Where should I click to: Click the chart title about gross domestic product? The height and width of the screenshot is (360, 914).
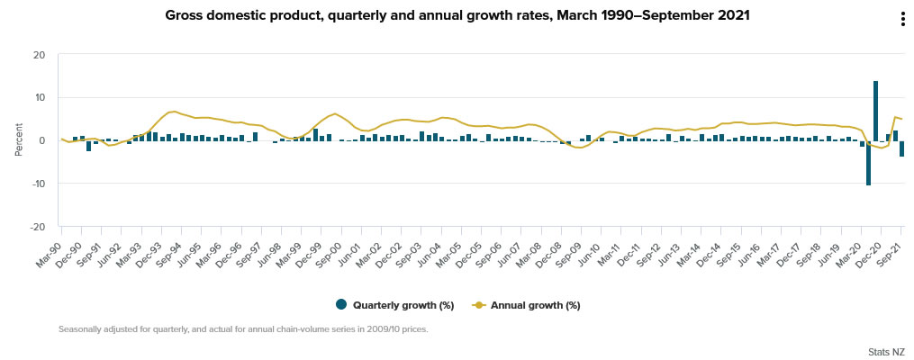(457, 15)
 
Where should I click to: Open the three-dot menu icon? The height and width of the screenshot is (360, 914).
(901, 20)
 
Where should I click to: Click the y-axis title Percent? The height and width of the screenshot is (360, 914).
(19, 139)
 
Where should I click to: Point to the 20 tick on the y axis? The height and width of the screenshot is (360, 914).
(39, 55)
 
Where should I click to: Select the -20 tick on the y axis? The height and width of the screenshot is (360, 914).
(37, 227)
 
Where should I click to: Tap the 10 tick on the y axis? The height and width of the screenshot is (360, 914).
(39, 97)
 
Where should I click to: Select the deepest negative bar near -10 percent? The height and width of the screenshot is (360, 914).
(868, 163)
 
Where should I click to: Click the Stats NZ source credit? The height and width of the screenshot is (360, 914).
(886, 351)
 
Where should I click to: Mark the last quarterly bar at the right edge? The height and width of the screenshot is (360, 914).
(901, 148)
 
